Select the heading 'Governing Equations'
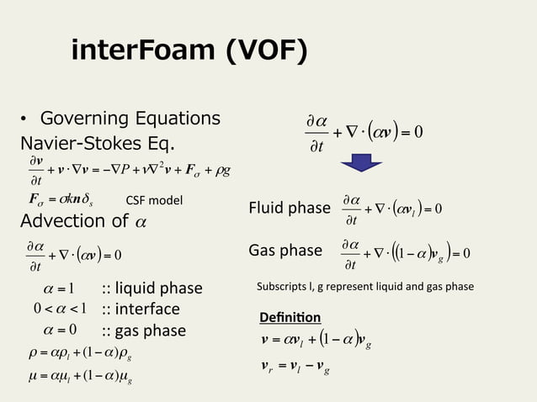[130, 118]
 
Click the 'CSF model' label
[154, 200]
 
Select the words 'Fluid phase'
[290, 208]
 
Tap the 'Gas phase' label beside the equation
[285, 250]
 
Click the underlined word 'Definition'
[290, 317]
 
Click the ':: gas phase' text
[143, 330]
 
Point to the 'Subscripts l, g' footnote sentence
[365, 287]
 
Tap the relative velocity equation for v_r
[308, 365]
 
